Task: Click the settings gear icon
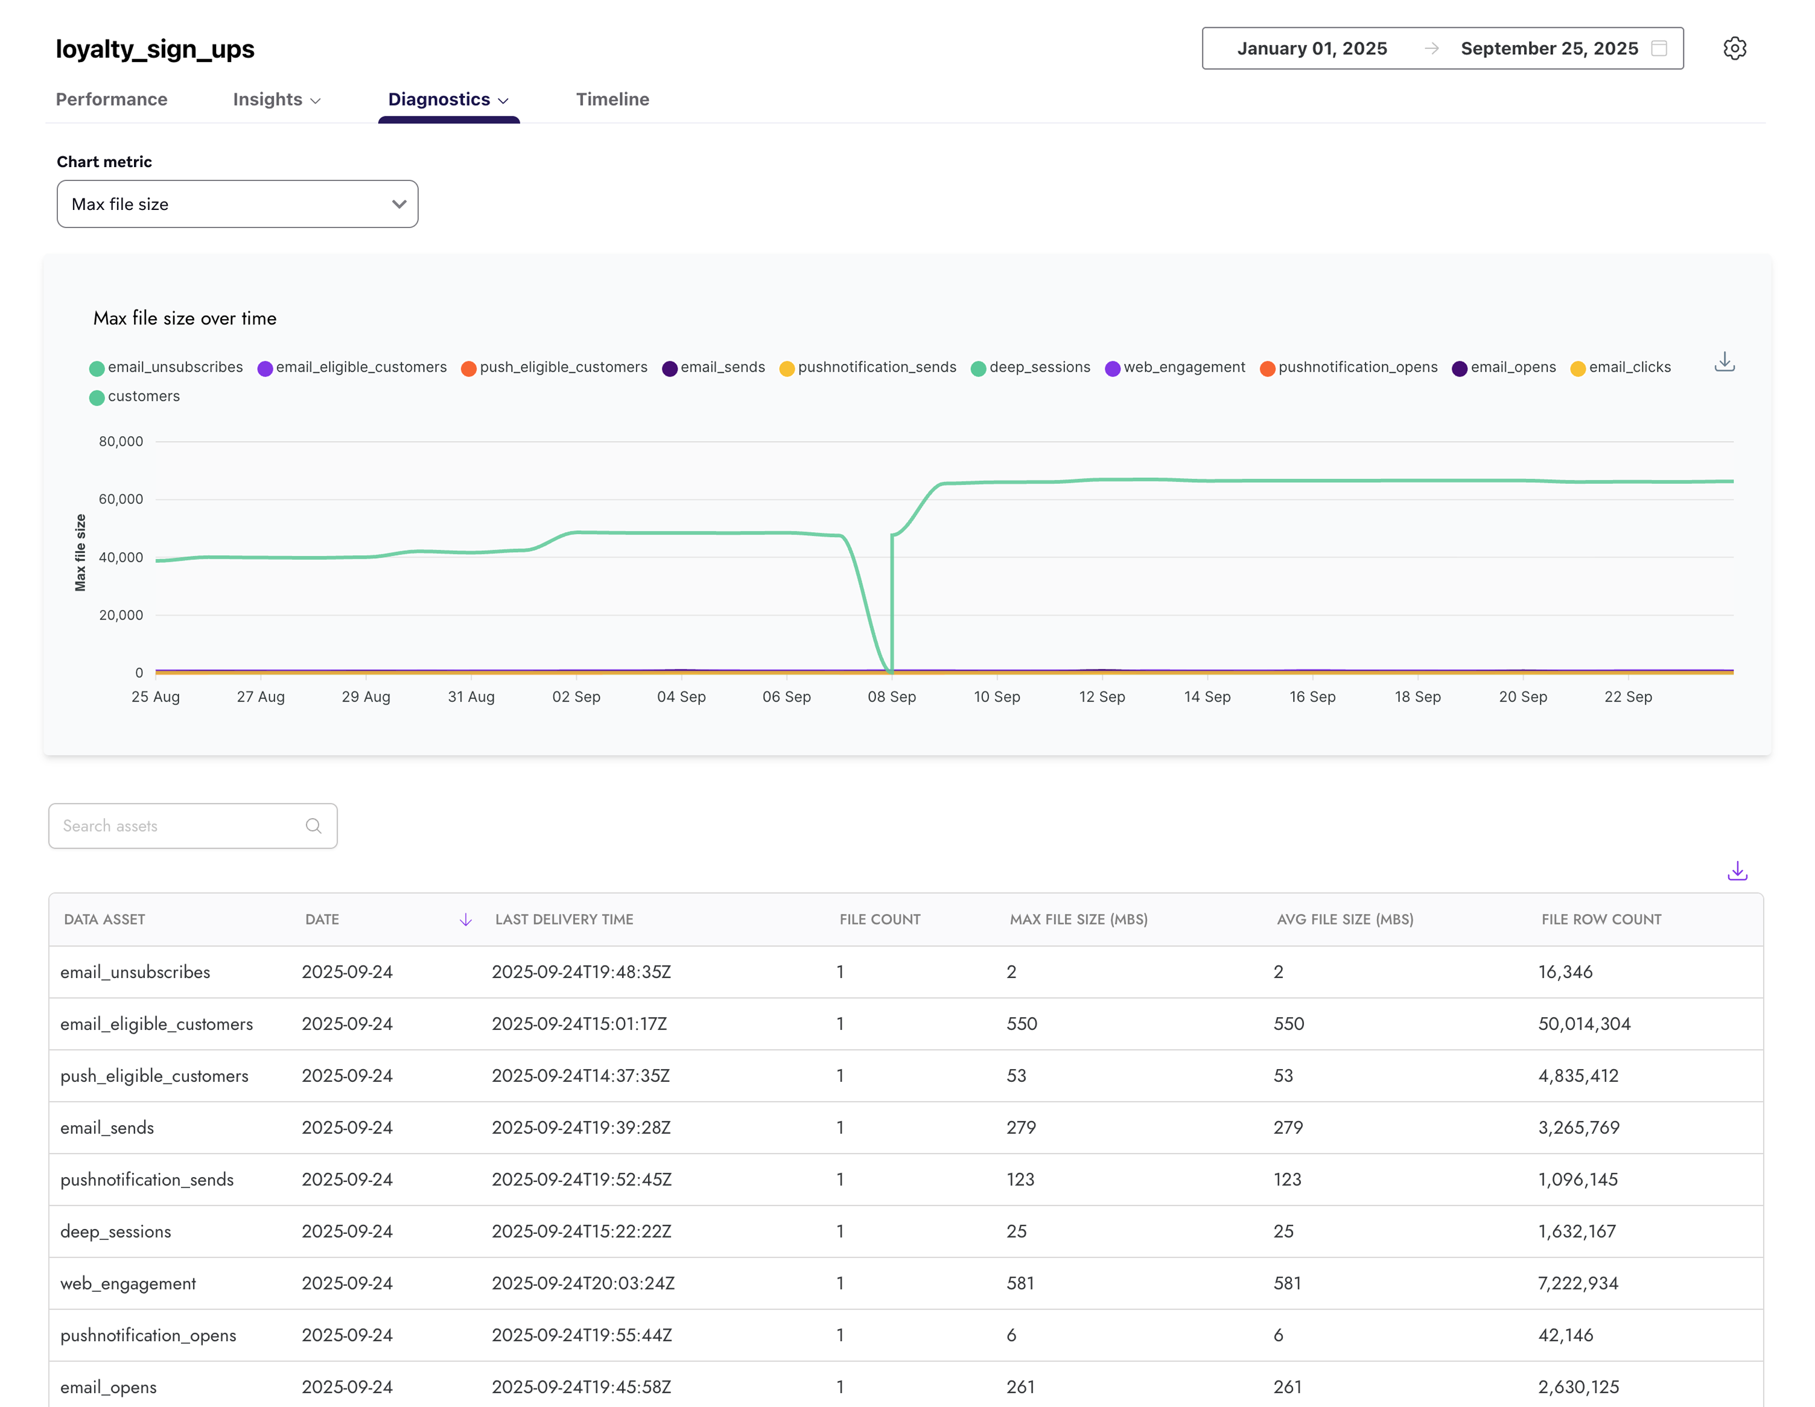coord(1734,48)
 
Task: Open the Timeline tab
coord(612,99)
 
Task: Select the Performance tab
coord(112,99)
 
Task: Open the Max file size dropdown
coord(237,203)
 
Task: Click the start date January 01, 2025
coord(1311,48)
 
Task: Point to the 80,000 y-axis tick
coord(121,441)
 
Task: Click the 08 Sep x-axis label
coord(892,696)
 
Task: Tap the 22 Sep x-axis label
coord(1627,696)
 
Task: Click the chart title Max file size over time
coord(185,319)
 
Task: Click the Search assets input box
coord(183,825)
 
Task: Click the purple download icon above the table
coord(1737,871)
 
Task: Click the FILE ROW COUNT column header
coord(1601,919)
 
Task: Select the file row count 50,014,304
coord(1584,1024)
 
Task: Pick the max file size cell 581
coord(1020,1283)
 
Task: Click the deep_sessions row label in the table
coord(115,1231)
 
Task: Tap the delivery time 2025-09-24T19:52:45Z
coord(581,1180)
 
